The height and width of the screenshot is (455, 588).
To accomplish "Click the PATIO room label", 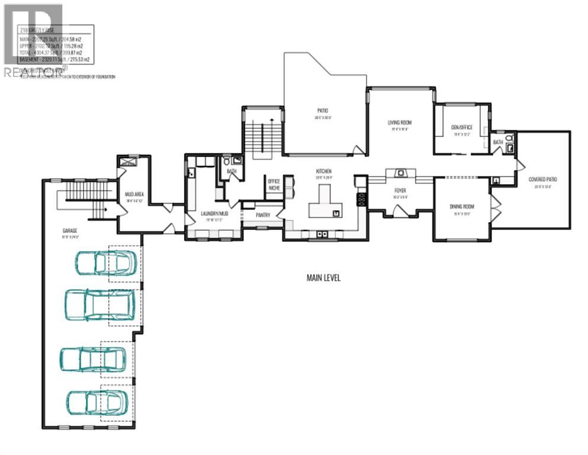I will pos(322,111).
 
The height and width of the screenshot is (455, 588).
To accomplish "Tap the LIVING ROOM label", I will pos(400,123).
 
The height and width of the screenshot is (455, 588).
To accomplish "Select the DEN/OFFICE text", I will pos(462,127).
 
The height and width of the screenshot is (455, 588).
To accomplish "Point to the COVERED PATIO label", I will pos(543,179).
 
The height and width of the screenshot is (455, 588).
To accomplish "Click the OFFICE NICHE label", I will pos(274,184).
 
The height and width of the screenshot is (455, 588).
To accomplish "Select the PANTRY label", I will pos(263,216).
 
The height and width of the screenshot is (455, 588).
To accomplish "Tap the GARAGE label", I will pos(71,230).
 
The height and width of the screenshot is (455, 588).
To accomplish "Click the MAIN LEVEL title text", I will pos(323,277).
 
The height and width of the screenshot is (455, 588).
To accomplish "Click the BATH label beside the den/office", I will pos(498,142).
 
